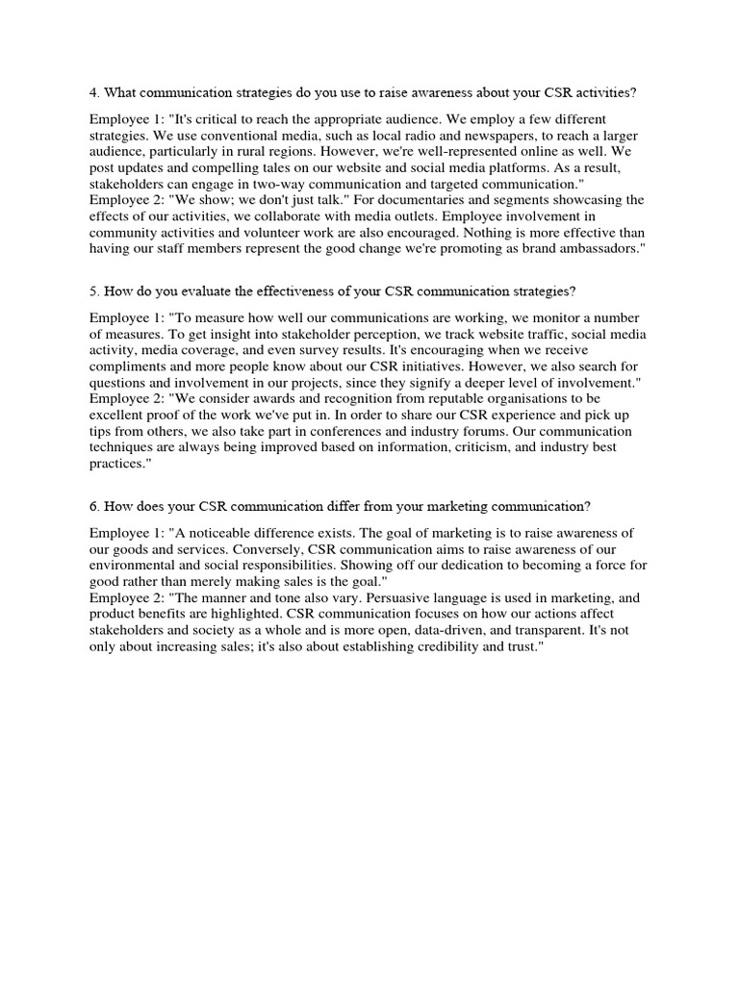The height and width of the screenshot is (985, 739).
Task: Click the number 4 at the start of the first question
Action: [93, 92]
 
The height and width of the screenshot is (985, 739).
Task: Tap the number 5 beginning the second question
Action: [93, 291]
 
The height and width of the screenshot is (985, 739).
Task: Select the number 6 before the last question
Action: [93, 507]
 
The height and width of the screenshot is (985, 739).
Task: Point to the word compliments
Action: [133, 367]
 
